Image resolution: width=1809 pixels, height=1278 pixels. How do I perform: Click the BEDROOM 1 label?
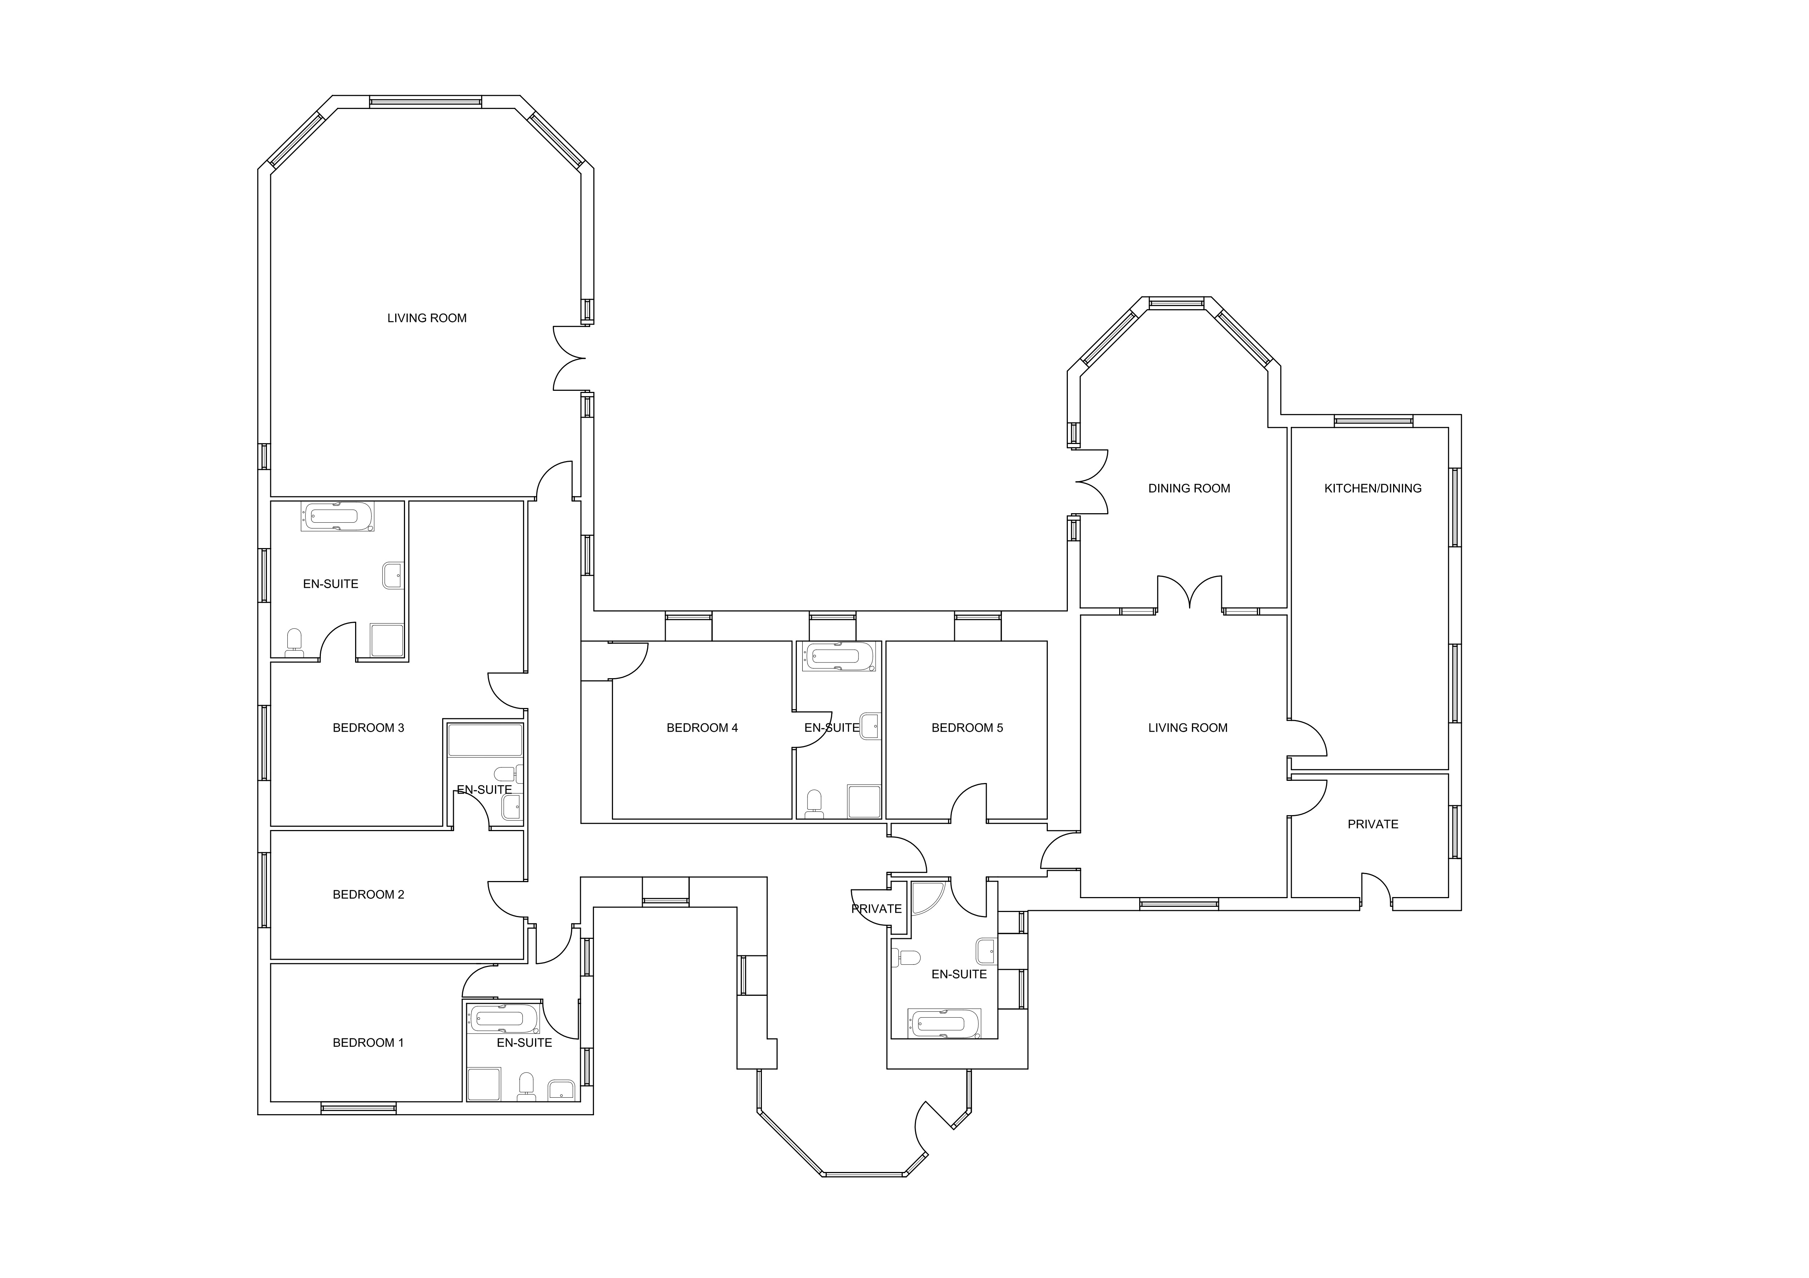368,1042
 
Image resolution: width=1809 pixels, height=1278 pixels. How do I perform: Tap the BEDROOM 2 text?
368,894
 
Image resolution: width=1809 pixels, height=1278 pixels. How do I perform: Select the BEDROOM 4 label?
702,727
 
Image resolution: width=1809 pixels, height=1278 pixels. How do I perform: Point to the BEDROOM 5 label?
967,727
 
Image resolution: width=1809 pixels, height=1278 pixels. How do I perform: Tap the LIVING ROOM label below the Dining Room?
1187,727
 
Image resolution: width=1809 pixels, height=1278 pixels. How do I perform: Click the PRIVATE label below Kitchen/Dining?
1373,824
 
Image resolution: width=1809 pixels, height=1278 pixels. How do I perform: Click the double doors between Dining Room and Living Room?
1190,595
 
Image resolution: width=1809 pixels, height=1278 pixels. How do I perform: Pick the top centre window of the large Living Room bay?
425,102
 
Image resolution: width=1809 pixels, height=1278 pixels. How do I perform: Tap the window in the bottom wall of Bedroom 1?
358,1108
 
